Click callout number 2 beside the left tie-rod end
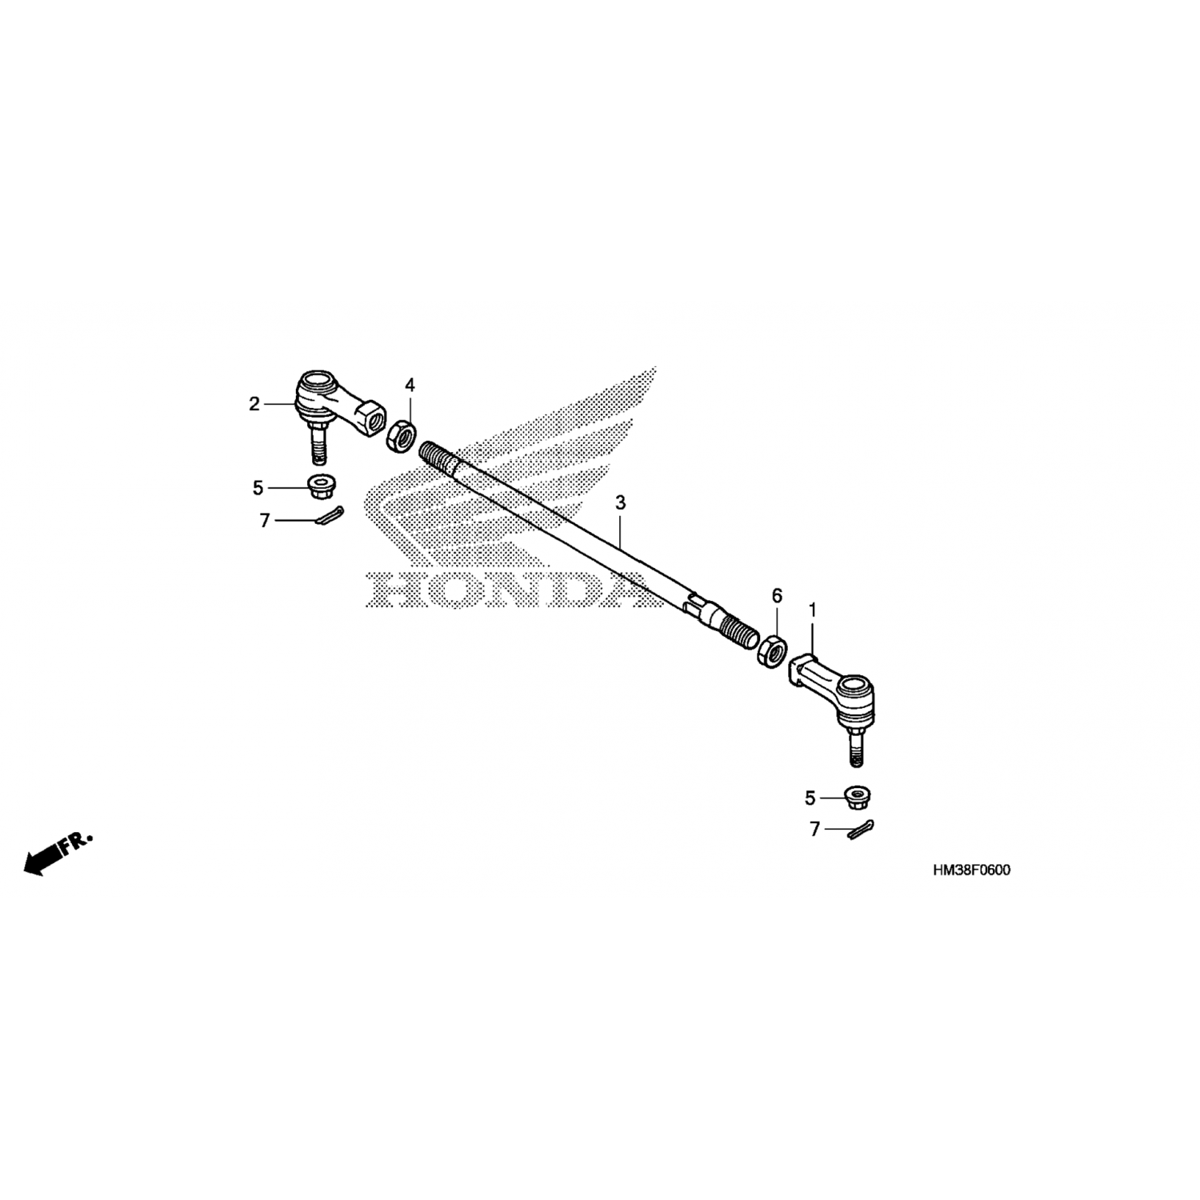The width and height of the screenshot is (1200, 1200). pyautogui.click(x=254, y=405)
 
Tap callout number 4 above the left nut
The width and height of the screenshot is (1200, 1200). pyautogui.click(x=410, y=386)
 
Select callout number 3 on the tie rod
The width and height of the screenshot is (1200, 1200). pyautogui.click(x=620, y=503)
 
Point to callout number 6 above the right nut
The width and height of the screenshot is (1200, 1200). pyautogui.click(x=776, y=596)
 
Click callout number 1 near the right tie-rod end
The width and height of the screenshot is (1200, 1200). pyautogui.click(x=813, y=611)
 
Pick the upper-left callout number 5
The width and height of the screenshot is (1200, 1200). pyautogui.click(x=258, y=488)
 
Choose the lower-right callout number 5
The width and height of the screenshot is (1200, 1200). pyautogui.click(x=810, y=798)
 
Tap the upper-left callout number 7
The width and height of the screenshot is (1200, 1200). pyautogui.click(x=265, y=521)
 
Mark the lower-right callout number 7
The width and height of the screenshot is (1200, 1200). pyautogui.click(x=815, y=830)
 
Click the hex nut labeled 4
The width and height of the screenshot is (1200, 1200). pyautogui.click(x=402, y=436)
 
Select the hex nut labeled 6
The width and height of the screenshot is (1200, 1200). pyautogui.click(x=772, y=649)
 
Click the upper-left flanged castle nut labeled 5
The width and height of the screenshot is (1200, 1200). pyautogui.click(x=322, y=485)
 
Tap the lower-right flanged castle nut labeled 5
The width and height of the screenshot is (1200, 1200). pyautogui.click(x=859, y=797)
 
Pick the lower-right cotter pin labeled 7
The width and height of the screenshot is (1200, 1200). pyautogui.click(x=861, y=829)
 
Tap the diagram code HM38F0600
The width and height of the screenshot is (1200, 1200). pyautogui.click(x=970, y=870)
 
